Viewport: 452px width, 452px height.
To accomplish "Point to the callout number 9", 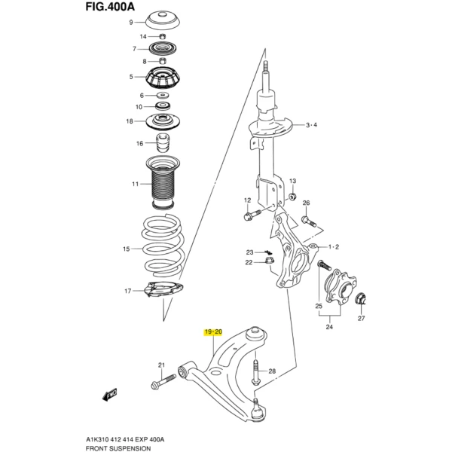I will (x=130, y=23).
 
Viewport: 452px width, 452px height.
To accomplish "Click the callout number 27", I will (x=360, y=319).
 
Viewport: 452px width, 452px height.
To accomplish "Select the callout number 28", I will (x=273, y=371).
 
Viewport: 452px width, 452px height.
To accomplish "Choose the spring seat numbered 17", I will (x=162, y=289).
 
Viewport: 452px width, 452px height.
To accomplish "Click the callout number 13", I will (x=293, y=182).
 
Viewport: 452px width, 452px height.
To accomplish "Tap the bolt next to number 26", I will (x=306, y=221).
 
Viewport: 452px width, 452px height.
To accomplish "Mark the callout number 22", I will (x=249, y=262).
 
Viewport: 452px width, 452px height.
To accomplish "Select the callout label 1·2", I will (x=332, y=247).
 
